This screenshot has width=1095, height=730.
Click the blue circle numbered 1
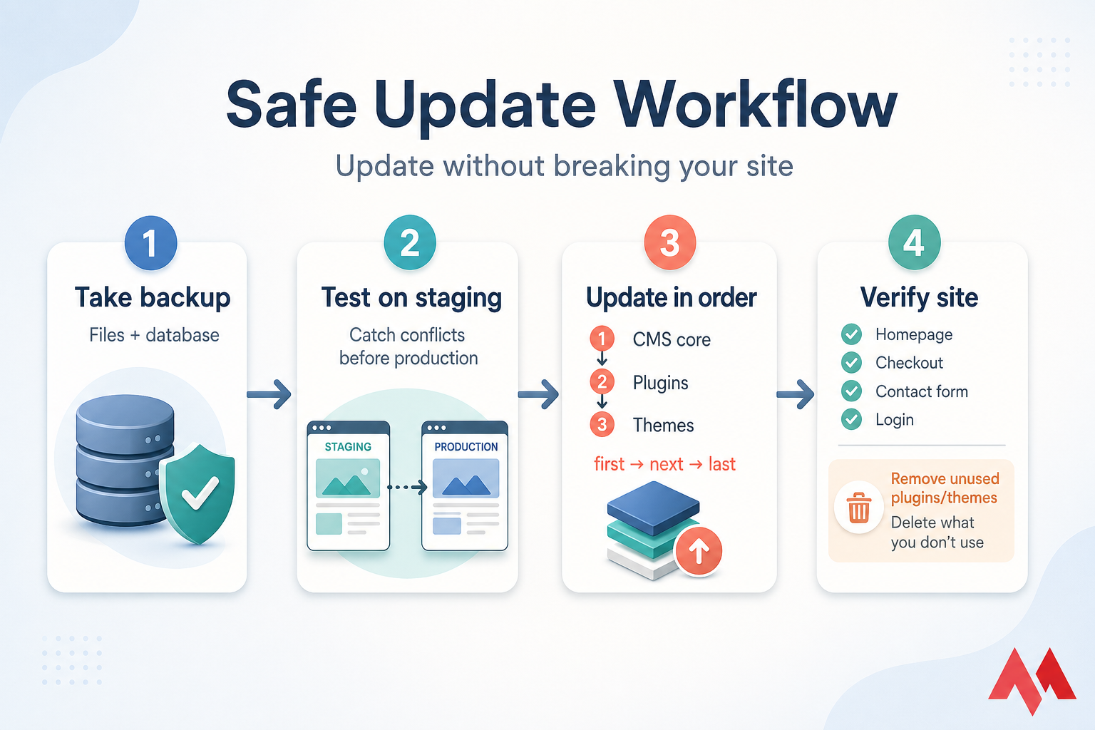coord(150,243)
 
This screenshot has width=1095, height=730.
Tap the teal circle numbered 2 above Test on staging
coord(410,243)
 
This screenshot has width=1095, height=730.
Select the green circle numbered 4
coord(914,243)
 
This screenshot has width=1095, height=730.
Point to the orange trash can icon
coord(858,508)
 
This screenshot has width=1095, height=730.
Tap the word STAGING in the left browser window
coord(348,447)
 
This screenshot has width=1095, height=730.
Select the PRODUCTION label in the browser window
coord(466,447)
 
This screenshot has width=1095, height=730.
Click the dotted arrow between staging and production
coord(406,488)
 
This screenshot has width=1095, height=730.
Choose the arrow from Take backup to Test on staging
coord(269,394)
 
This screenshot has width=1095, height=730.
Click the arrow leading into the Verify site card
coord(796,394)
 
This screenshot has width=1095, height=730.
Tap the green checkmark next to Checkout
coord(851,363)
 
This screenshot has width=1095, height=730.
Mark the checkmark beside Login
coord(851,419)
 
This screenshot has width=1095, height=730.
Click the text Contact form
coord(921,391)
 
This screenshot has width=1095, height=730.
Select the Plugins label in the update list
coord(660,383)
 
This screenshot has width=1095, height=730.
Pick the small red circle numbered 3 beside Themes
coord(602,425)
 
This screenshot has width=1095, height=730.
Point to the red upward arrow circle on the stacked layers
coord(699,550)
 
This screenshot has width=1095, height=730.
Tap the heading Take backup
coord(153,298)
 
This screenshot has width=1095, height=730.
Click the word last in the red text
coord(721,464)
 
